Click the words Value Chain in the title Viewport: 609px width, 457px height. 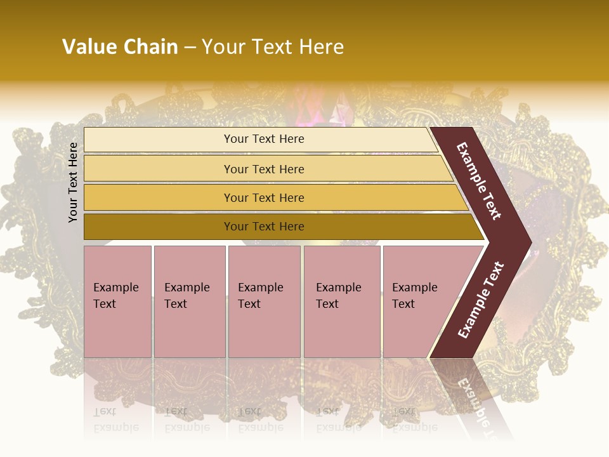point(120,47)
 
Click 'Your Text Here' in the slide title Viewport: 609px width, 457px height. point(272,47)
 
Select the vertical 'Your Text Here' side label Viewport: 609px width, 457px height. point(73,182)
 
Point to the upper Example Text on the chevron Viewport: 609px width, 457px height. point(479,182)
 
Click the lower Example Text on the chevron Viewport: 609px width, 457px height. point(480,300)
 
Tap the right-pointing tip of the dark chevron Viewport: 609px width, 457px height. point(526,242)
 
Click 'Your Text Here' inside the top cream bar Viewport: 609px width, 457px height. point(264,139)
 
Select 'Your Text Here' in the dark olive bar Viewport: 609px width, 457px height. point(264,227)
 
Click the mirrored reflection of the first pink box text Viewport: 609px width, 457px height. point(115,419)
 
